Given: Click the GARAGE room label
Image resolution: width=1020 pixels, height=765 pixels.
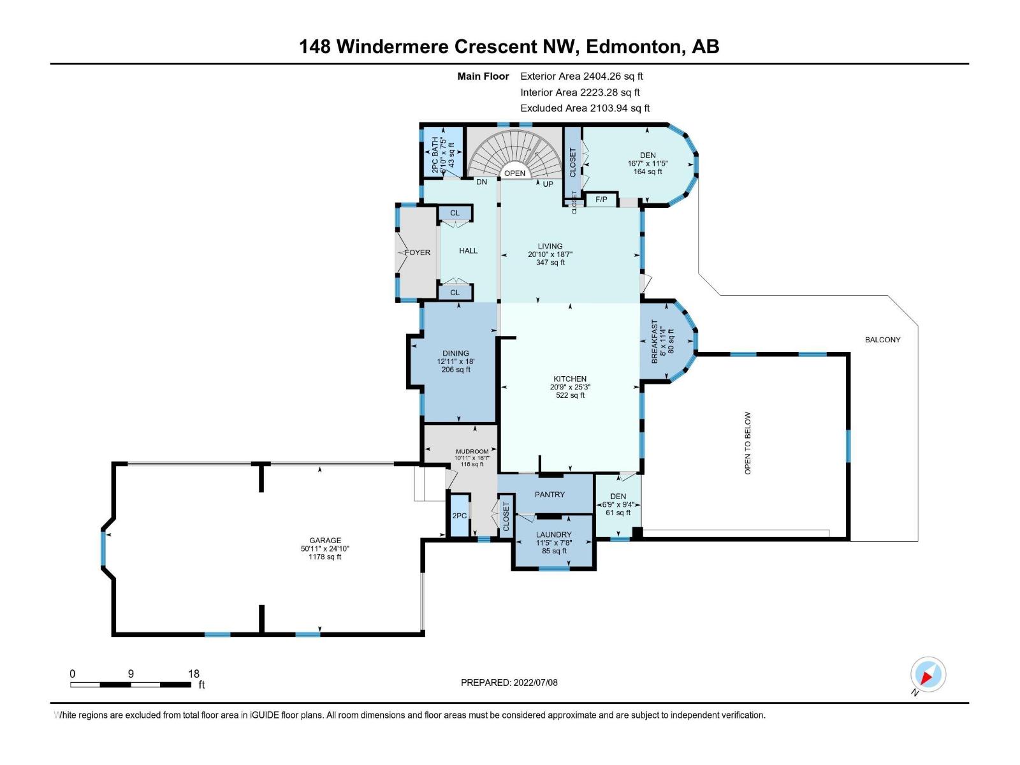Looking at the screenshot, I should click(325, 541).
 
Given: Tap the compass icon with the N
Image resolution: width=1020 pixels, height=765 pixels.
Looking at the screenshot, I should click(928, 674).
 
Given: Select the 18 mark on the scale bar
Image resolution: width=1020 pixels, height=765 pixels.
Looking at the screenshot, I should click(193, 674).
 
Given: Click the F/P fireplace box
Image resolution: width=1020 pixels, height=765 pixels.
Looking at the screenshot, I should click(601, 200).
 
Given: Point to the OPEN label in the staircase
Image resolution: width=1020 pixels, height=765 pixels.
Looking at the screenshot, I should click(514, 173).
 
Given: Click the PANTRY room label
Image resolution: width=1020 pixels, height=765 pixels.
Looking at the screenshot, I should click(550, 495).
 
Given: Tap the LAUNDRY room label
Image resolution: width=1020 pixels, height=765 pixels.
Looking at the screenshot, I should click(553, 535).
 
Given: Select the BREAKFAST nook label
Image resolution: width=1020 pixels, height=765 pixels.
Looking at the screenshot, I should click(654, 343).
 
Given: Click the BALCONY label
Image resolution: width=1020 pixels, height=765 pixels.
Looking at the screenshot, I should click(882, 340).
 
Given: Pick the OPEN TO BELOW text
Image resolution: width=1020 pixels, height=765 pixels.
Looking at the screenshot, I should click(748, 443).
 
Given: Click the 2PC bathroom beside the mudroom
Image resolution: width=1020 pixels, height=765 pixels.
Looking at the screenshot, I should click(459, 516).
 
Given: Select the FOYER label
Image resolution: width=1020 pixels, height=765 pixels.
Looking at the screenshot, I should click(418, 252).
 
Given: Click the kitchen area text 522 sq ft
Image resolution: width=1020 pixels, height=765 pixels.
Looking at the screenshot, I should click(570, 395).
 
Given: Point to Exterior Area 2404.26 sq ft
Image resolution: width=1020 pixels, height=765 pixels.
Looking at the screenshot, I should click(581, 76).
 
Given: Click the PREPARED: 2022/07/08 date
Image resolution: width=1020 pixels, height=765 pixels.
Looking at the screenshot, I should click(509, 683).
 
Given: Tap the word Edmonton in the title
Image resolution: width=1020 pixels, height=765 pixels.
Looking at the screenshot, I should click(634, 47).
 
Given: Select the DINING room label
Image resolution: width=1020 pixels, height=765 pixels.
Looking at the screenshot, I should click(455, 353).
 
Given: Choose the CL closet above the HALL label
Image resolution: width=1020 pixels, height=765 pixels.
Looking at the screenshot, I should click(455, 213).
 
